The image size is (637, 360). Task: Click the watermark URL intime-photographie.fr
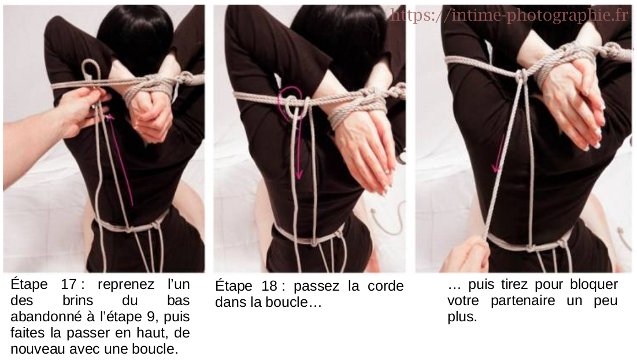pos(509,16)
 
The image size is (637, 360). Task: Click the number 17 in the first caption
pos(69,284)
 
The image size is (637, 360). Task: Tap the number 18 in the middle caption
pos(269,286)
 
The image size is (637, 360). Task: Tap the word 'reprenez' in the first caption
pos(126,285)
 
